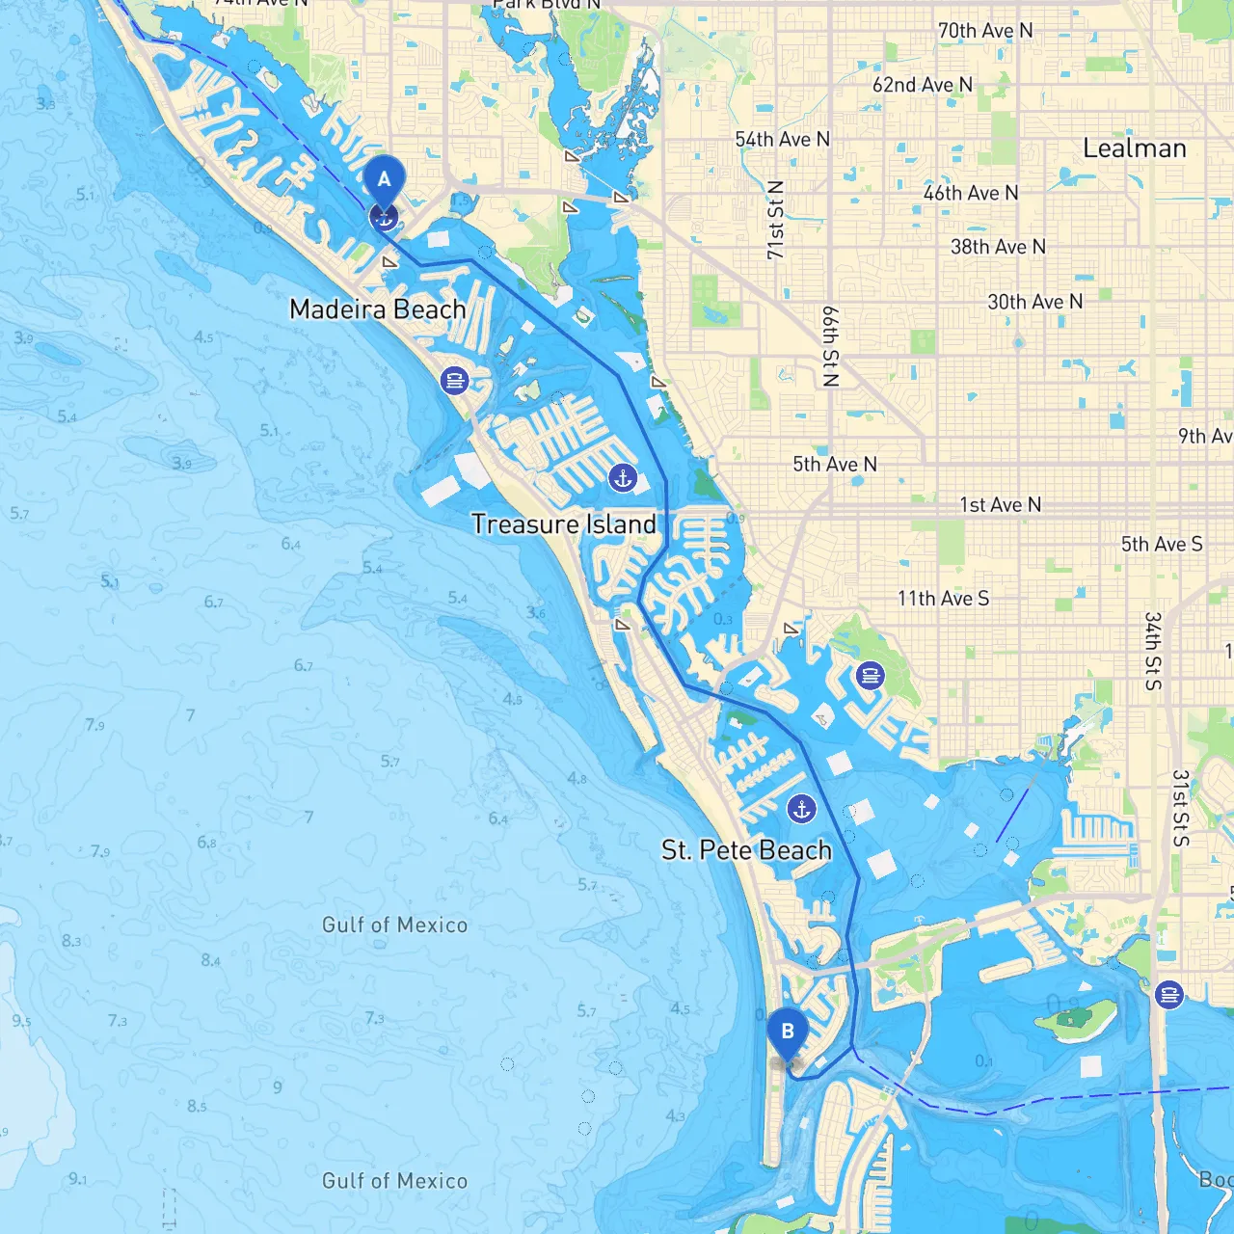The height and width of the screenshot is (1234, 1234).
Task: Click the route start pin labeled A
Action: (385, 180)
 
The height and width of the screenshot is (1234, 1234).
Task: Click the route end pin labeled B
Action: (788, 1033)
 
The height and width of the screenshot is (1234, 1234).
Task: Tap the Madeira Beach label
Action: (378, 309)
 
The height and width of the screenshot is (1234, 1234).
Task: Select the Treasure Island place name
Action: (564, 524)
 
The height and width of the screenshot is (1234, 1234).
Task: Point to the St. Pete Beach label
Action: (746, 850)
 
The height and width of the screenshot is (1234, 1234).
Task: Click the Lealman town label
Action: (1135, 148)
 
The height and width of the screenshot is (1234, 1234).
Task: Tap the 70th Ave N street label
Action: (985, 31)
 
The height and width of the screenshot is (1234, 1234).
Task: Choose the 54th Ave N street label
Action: (782, 140)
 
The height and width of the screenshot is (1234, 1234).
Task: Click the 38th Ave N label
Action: (998, 247)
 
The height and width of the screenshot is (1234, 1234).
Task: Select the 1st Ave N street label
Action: (1000, 505)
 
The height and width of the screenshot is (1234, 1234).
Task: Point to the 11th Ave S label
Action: (943, 599)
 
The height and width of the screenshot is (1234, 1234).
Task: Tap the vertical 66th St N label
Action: (830, 347)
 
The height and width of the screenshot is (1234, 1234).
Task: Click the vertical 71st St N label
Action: (775, 220)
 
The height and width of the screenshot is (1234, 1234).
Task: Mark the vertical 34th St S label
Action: (1153, 651)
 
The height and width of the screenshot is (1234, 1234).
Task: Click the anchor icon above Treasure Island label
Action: (623, 477)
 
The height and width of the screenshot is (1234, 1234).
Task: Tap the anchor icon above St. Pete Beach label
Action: (801, 809)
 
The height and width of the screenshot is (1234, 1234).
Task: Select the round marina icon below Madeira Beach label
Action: (454, 380)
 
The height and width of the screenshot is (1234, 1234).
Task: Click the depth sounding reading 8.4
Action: (210, 960)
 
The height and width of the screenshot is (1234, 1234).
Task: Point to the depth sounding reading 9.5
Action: (21, 1021)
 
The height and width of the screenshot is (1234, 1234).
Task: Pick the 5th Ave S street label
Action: (1162, 545)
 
